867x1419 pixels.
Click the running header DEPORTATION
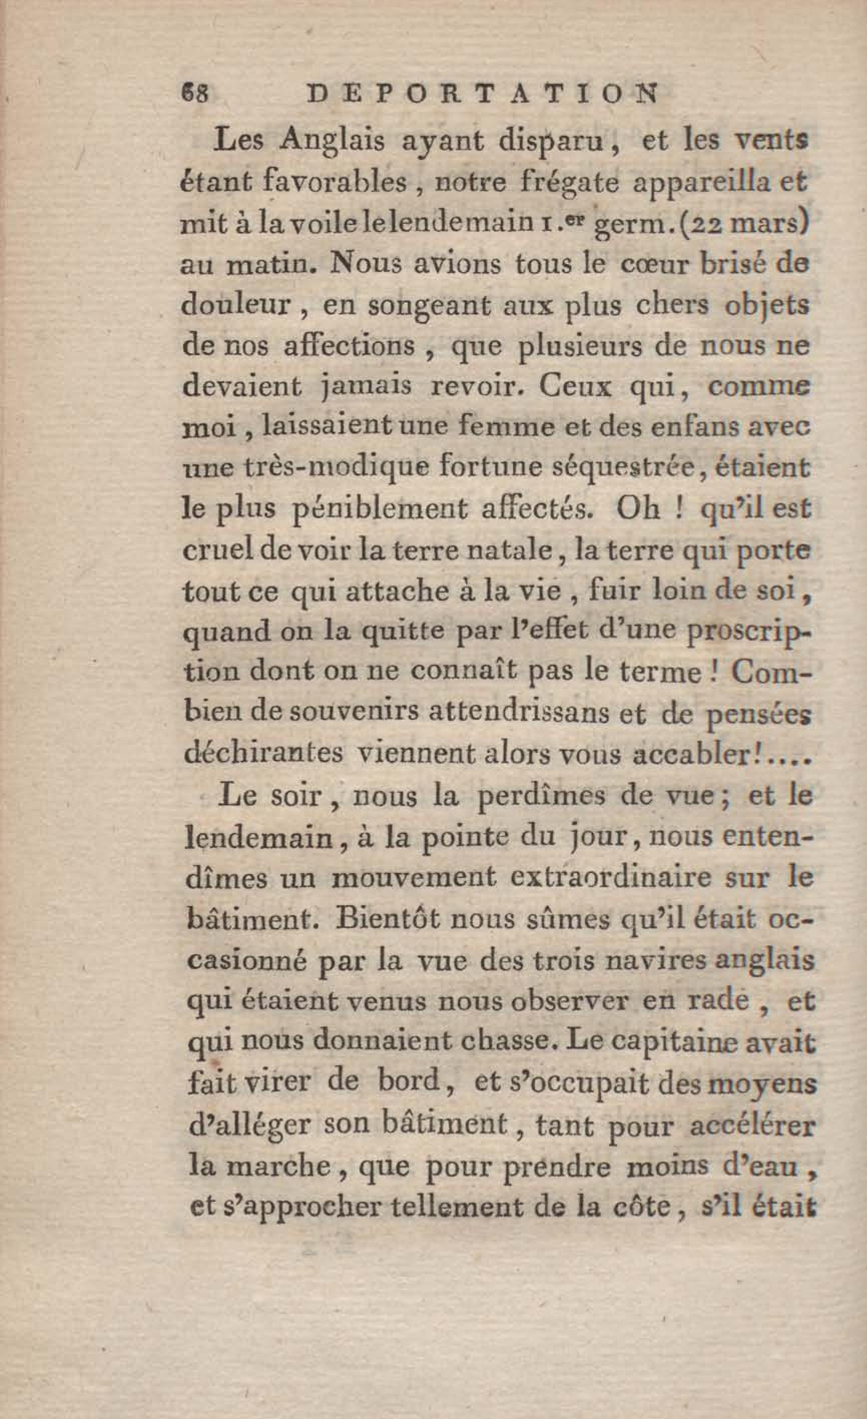482,94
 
